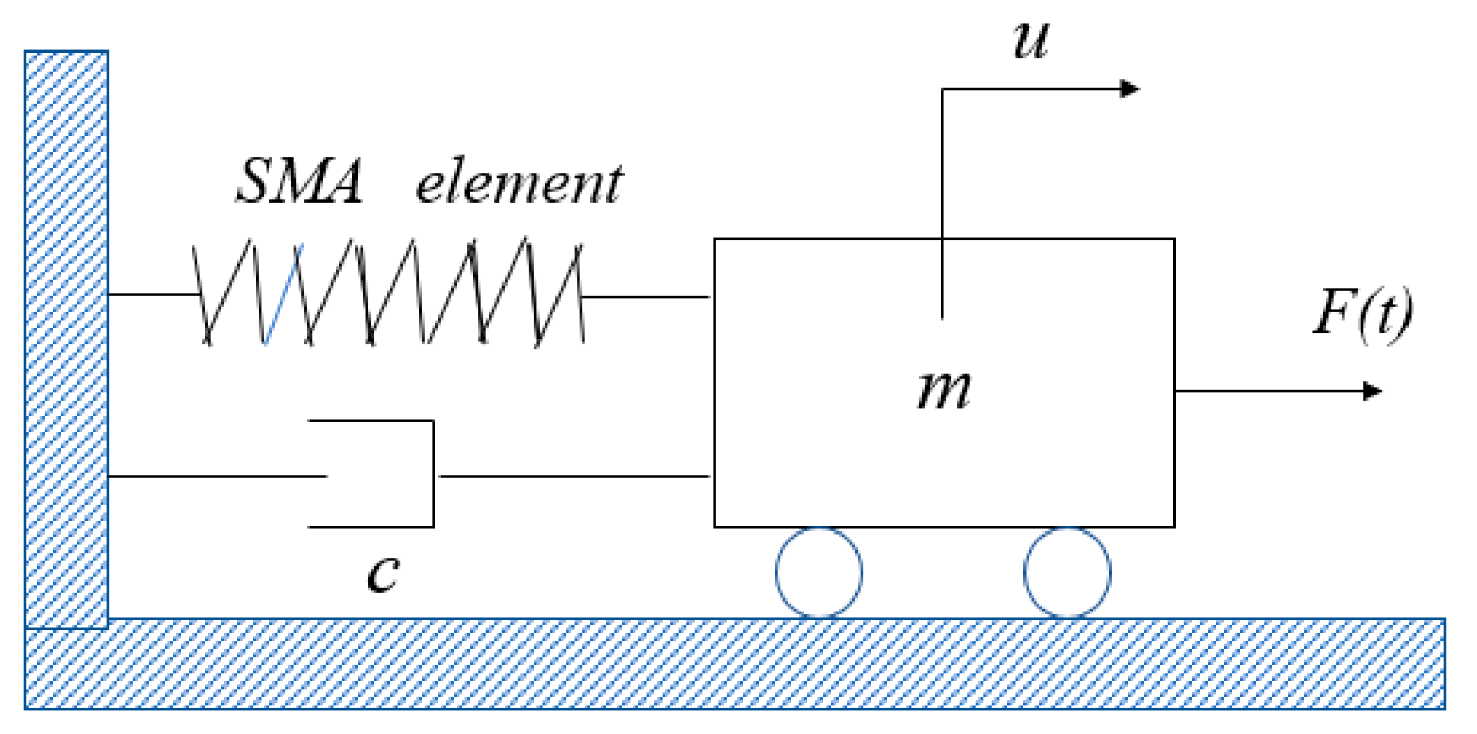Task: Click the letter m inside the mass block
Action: (x=944, y=390)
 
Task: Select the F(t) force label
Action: (x=1362, y=314)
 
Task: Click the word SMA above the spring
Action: (x=298, y=182)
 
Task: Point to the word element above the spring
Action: (x=519, y=183)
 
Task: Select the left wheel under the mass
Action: (x=819, y=573)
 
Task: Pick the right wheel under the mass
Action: (x=1067, y=573)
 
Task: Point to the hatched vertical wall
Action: (x=66, y=335)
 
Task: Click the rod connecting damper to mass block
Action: (x=575, y=477)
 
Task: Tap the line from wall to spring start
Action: (x=152, y=294)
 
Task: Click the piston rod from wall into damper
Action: (x=217, y=477)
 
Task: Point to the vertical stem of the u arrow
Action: (x=942, y=190)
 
